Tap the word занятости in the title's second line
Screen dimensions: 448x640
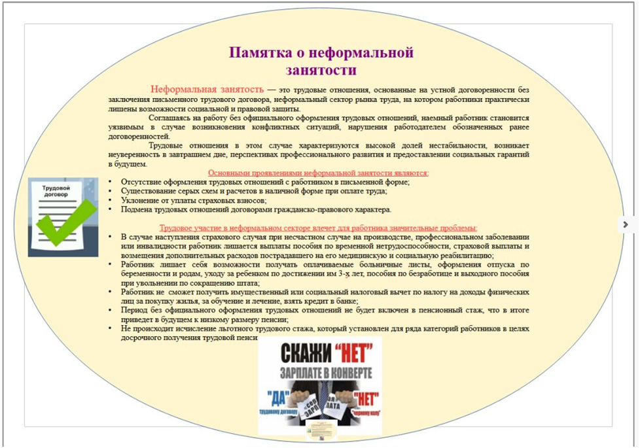tap(321, 70)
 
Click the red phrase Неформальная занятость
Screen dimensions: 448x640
tap(207, 89)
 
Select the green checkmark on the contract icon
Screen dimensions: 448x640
tap(65, 222)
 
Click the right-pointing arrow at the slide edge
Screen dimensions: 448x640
tap(626, 224)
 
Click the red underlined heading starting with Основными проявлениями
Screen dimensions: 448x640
tap(318, 173)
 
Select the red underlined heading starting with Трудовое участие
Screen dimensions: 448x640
tap(318, 228)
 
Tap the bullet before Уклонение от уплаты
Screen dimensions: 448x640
tap(111, 200)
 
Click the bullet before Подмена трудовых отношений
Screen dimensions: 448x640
tap(111, 209)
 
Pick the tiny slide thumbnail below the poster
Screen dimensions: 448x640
tap(321, 430)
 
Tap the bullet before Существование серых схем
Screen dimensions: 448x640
tap(111, 191)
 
